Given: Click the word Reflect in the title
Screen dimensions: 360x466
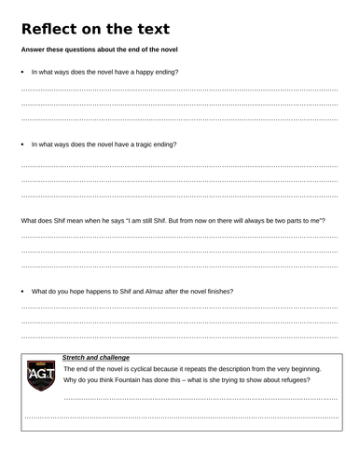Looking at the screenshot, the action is coord(51,28).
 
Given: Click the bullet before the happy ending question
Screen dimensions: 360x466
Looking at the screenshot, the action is coord(23,72).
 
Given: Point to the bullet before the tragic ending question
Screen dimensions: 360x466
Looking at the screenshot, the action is coord(23,145).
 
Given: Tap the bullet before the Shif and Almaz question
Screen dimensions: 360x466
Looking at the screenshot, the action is coord(23,292).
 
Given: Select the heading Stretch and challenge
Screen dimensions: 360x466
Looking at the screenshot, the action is coord(95,357).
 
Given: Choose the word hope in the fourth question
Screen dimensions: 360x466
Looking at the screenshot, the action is coord(82,292).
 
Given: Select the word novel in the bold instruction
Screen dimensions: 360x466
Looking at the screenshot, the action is coord(164,49).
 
